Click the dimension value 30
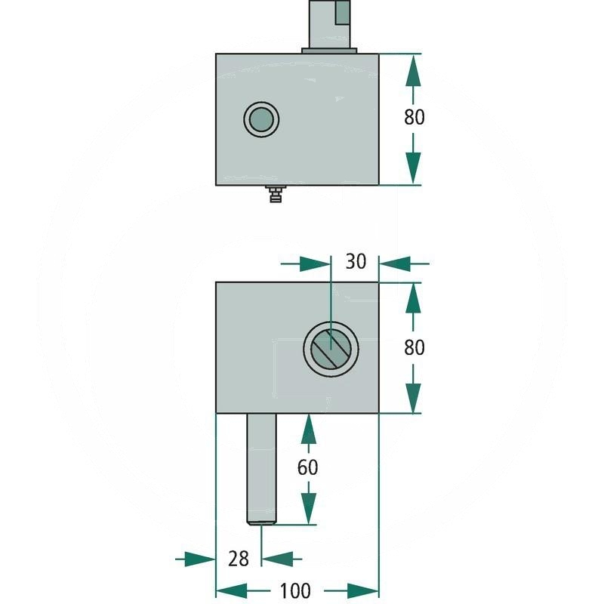click(x=356, y=261)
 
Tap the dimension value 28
click(x=239, y=559)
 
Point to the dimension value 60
click(x=307, y=467)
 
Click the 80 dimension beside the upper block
click(x=414, y=117)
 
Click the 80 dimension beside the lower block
click(x=414, y=347)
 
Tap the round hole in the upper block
click(x=261, y=119)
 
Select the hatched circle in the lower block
click(x=331, y=349)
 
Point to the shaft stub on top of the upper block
click(x=329, y=23)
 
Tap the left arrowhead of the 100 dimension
click(x=231, y=590)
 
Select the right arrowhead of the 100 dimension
click(x=363, y=590)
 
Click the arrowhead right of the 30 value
click(x=394, y=263)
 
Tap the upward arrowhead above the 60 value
click(x=307, y=430)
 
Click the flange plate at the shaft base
click(x=329, y=51)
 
